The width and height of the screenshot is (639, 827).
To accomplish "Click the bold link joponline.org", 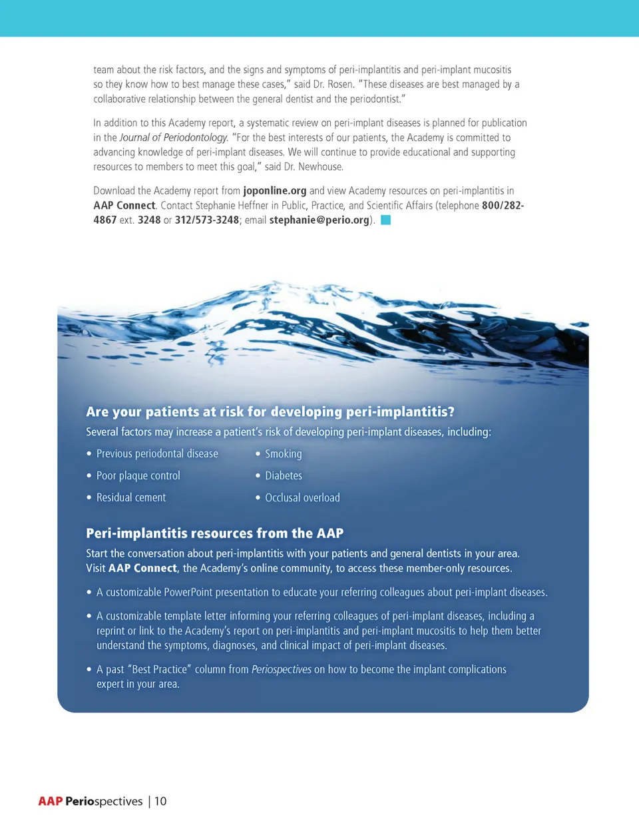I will [x=274, y=190].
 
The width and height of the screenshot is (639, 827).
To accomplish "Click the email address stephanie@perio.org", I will [x=319, y=220].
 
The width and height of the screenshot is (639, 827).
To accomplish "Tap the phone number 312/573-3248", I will [x=206, y=220].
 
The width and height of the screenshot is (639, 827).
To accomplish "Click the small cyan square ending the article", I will [x=385, y=220].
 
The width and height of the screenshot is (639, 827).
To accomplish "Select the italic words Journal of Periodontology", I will [x=173, y=137].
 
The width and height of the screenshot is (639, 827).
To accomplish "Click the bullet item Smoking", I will [x=283, y=453].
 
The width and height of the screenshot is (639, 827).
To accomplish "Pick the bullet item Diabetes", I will [x=283, y=475].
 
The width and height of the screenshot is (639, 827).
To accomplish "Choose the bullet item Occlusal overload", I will [x=302, y=497].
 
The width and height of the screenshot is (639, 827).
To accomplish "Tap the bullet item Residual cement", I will [x=131, y=497].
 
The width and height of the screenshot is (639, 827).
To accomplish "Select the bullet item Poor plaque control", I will [x=138, y=475].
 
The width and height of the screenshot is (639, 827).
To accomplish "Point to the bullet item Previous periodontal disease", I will [x=157, y=453].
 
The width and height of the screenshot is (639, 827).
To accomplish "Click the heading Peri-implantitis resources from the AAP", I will [x=214, y=533].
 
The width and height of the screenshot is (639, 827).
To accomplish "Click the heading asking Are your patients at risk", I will [x=270, y=412].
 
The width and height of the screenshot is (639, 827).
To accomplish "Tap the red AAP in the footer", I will [x=50, y=801].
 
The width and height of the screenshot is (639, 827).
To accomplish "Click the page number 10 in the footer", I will [x=160, y=801].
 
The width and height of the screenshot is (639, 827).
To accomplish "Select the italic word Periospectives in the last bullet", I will [x=281, y=669].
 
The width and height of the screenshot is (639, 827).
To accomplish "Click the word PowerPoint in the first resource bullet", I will [x=192, y=592].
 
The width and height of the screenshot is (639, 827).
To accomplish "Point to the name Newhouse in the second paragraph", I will [x=320, y=166].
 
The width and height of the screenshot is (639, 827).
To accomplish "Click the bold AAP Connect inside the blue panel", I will [x=142, y=568].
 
